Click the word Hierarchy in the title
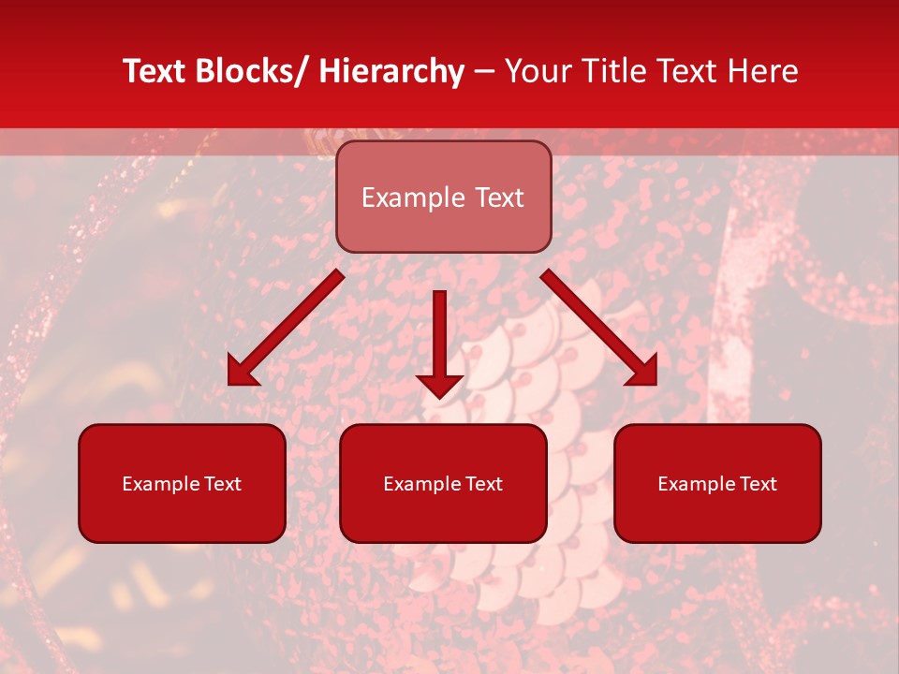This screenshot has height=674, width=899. tap(391, 72)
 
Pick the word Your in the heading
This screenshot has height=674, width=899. tap(538, 72)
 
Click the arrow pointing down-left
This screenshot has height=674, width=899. tap(286, 328)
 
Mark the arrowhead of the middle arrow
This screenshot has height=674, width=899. tap(439, 384)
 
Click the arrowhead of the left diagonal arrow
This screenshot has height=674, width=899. tap(240, 374)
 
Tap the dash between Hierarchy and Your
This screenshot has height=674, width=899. tap(484, 72)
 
